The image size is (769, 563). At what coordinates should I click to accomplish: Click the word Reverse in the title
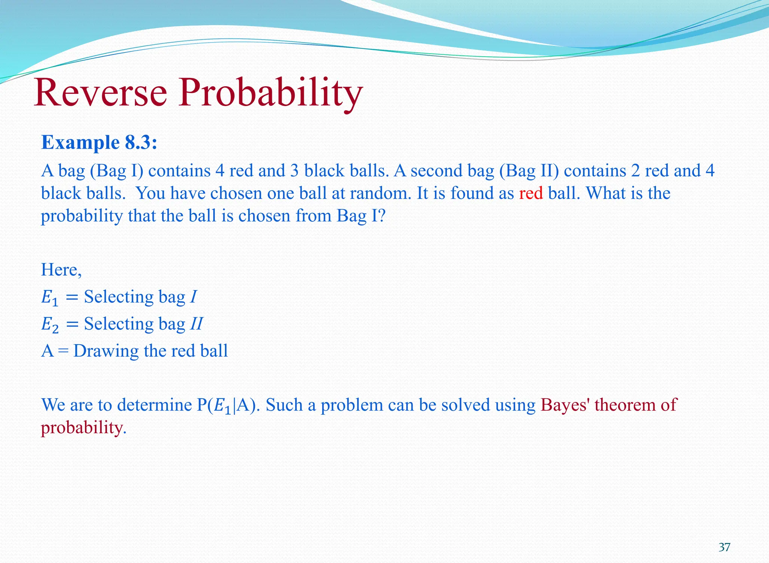pyautogui.click(x=100, y=92)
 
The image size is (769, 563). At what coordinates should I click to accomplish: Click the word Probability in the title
pyautogui.click(x=270, y=92)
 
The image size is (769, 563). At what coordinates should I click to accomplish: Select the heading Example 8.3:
pyautogui.click(x=99, y=143)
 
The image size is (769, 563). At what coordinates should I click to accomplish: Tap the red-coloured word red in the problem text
pyautogui.click(x=531, y=193)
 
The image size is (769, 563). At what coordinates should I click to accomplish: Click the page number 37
pyautogui.click(x=724, y=547)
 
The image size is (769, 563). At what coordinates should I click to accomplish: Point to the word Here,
pyautogui.click(x=61, y=269)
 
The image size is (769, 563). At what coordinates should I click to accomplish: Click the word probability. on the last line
pyautogui.click(x=83, y=428)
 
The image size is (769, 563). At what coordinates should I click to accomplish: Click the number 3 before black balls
pyautogui.click(x=294, y=171)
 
